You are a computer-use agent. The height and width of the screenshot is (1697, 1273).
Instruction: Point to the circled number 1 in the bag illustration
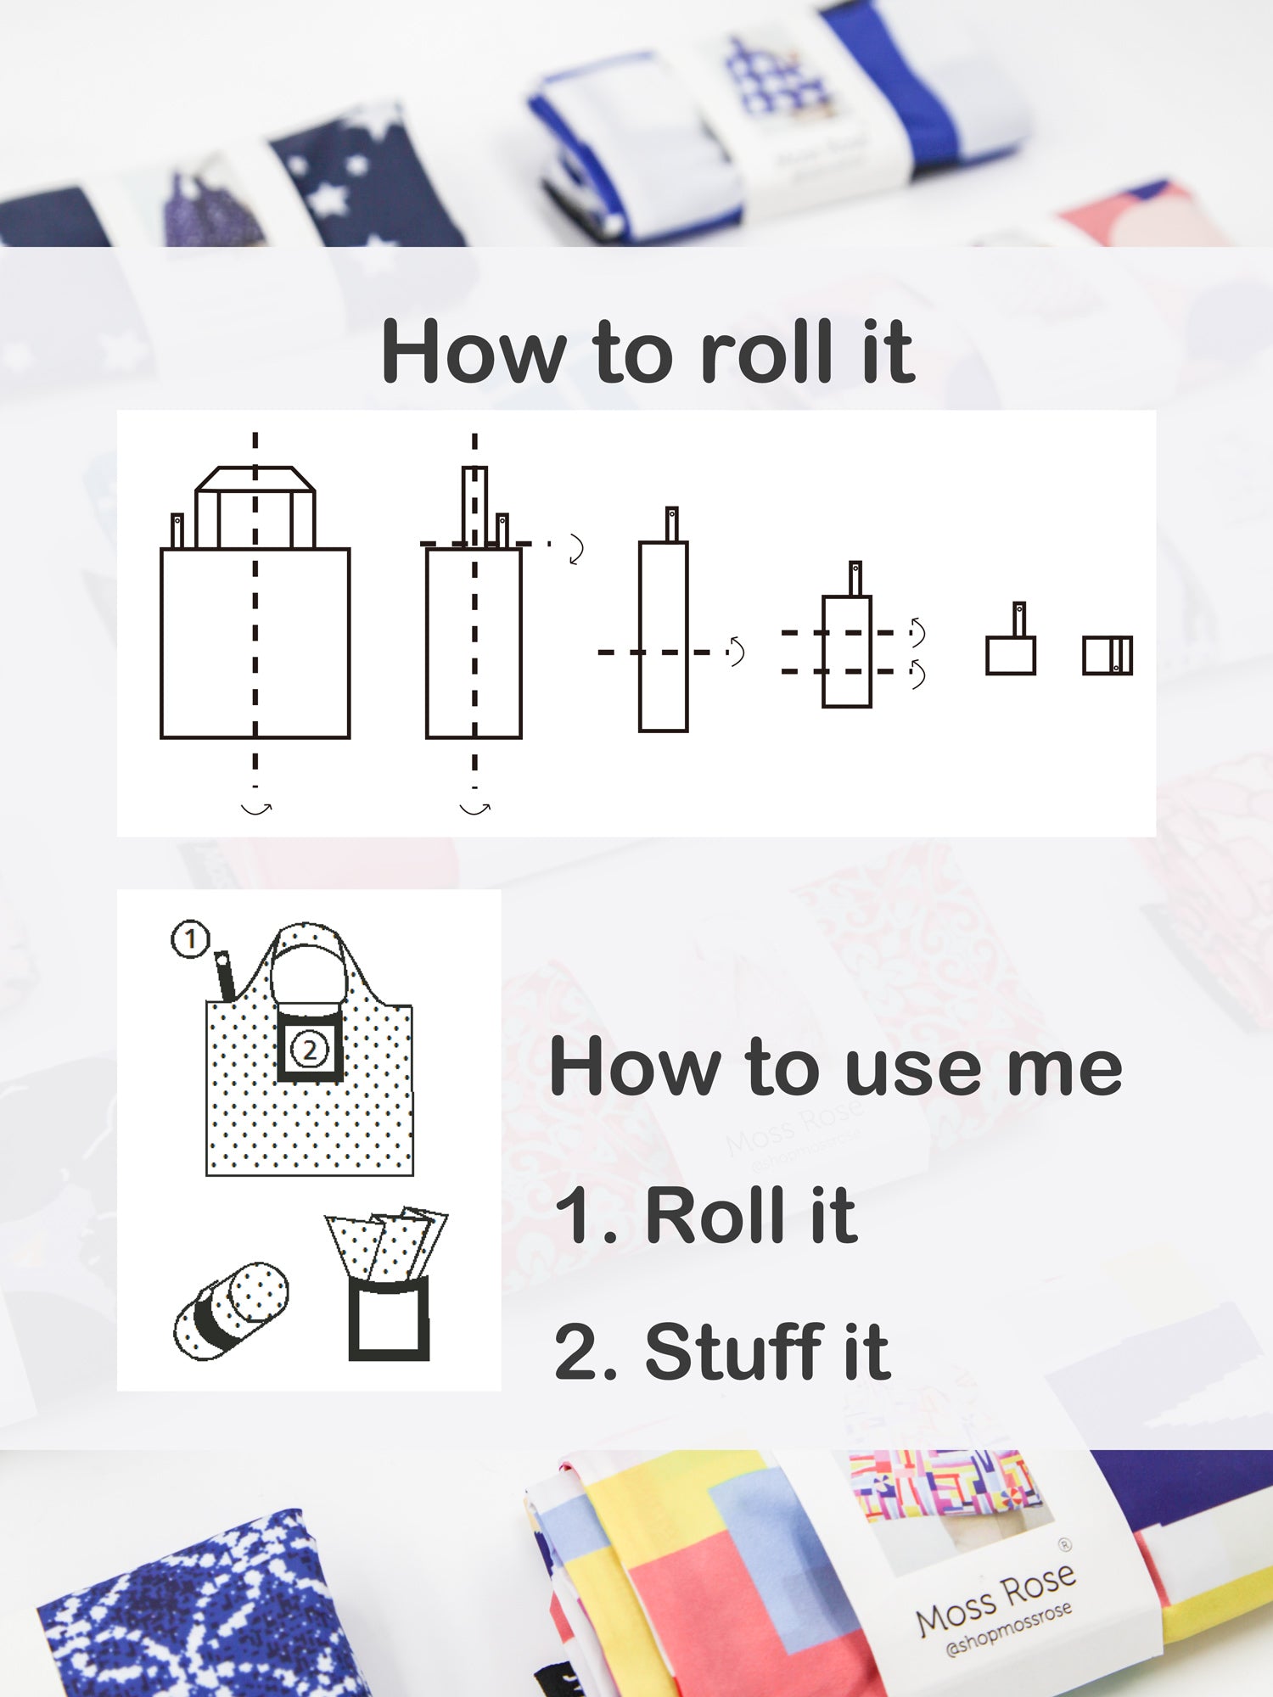[x=190, y=939]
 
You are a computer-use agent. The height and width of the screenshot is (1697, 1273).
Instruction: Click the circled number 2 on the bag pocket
[x=310, y=1050]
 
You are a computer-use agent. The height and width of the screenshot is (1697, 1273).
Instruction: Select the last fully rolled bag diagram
[x=1108, y=656]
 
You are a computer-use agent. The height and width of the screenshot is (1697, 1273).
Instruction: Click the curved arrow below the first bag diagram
[x=255, y=809]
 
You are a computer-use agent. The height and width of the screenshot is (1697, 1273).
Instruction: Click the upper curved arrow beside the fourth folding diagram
[x=917, y=631]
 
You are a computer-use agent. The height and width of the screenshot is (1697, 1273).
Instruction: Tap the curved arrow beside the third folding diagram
[x=736, y=651]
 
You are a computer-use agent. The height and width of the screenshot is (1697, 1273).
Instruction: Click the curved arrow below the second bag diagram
[x=474, y=809]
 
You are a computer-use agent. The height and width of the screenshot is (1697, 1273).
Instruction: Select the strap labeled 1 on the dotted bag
[x=226, y=977]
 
